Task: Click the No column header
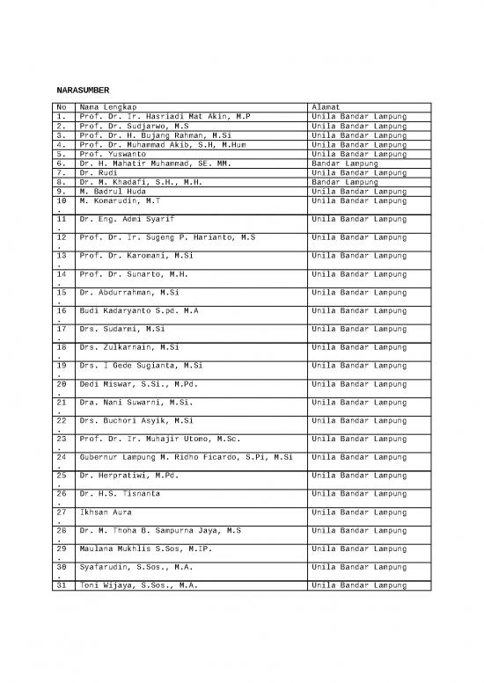[61, 106]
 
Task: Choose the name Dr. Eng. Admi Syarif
[127, 218]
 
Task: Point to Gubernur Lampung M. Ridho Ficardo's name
[185, 457]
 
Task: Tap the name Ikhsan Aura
[105, 512]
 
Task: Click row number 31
[61, 585]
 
